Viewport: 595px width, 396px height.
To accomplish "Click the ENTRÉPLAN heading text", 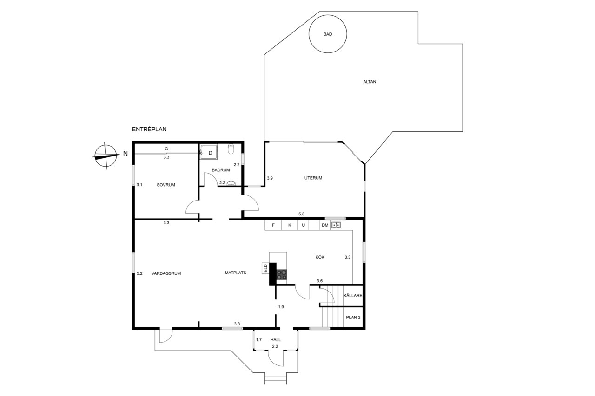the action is point(149,130).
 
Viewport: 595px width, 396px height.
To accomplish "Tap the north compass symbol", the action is point(106,156).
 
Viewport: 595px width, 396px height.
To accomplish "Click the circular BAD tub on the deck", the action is point(328,34).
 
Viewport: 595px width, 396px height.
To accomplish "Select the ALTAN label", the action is point(370,82).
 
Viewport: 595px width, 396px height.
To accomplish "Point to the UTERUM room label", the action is point(313,178).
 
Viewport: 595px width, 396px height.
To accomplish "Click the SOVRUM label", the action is point(166,185).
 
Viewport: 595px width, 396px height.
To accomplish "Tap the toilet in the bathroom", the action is point(231,149).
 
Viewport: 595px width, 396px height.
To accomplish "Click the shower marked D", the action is point(209,152).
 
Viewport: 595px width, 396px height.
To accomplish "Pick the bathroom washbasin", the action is point(231,183).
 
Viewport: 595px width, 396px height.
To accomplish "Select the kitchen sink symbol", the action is point(336,225).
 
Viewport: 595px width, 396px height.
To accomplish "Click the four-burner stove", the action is point(282,274).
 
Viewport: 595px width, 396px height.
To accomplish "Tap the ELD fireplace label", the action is point(265,268).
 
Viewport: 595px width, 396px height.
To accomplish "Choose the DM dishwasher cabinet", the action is point(325,225).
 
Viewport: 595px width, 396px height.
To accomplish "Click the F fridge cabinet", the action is point(273,225).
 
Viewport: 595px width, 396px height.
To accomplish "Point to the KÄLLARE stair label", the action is point(353,295).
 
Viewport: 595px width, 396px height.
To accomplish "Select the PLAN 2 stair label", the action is point(353,317).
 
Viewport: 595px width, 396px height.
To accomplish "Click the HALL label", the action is point(276,339).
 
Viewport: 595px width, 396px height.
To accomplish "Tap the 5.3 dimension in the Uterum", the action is point(301,214).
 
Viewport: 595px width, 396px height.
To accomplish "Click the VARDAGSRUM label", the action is point(166,273).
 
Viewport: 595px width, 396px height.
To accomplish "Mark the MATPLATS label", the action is point(235,273).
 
